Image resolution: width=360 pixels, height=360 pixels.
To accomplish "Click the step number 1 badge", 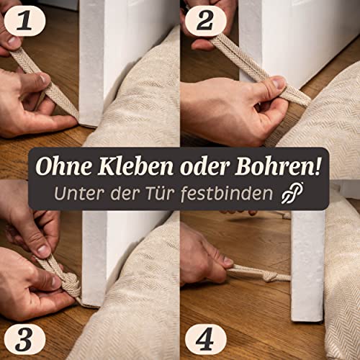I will (x=22, y=21).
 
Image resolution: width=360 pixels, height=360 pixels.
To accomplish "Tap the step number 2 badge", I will (x=202, y=21).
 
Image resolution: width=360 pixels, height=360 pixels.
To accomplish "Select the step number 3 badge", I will (x=22, y=338).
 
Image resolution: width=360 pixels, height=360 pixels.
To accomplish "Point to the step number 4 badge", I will (x=202, y=338).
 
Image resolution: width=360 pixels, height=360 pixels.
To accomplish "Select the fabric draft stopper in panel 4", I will (x=338, y=288).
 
